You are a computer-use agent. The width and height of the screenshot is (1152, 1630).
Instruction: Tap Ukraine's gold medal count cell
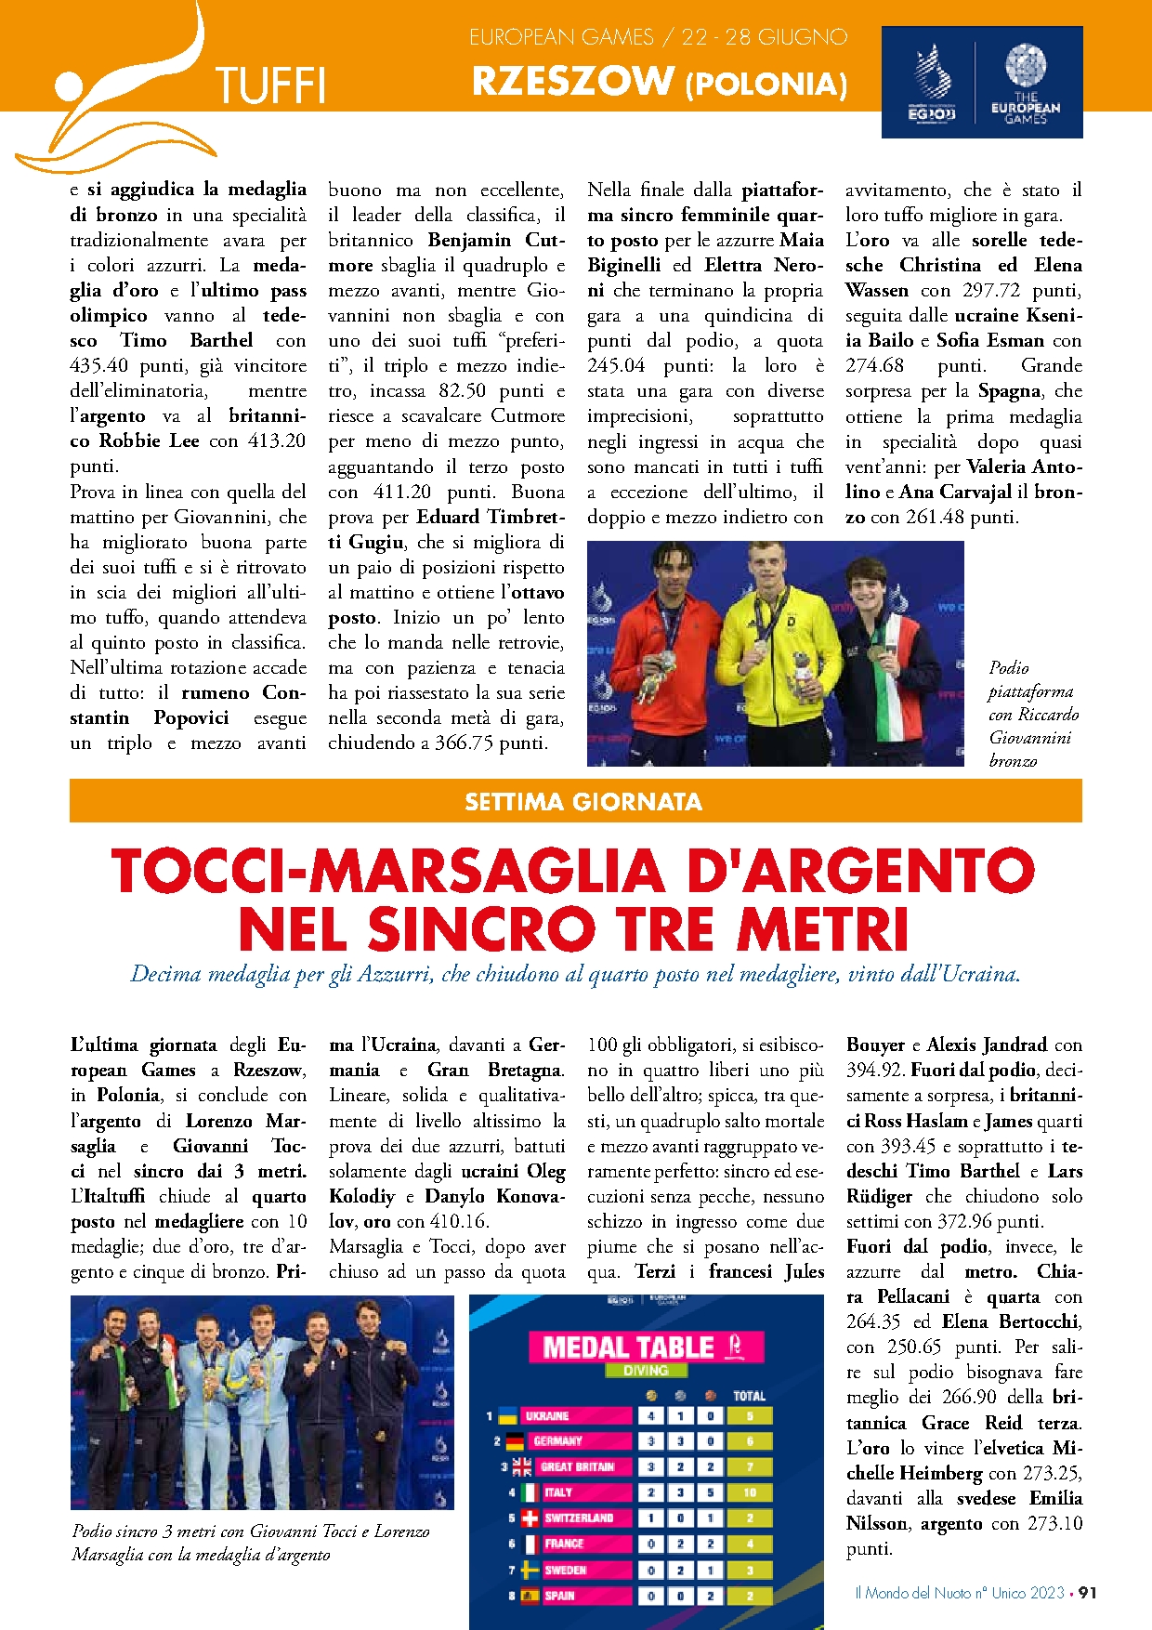[x=651, y=1416]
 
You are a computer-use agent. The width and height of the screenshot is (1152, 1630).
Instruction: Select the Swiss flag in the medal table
[x=529, y=1518]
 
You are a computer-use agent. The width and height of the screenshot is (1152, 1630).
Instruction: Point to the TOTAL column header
[x=749, y=1396]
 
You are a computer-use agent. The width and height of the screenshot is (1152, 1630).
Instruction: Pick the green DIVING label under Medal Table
[x=646, y=1371]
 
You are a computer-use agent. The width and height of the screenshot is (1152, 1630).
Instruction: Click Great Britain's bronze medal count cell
[x=710, y=1467]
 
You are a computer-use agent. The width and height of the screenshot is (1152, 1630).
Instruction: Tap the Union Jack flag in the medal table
[x=522, y=1467]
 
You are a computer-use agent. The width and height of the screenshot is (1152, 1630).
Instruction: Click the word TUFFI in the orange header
[x=270, y=86]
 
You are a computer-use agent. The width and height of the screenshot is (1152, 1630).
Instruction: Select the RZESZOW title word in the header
[x=572, y=82]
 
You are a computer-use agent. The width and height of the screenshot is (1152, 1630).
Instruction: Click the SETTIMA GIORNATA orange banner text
[x=583, y=802]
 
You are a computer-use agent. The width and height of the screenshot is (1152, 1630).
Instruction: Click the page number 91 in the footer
[x=1087, y=1593]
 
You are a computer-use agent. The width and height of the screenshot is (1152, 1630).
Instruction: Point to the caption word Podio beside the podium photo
[x=1009, y=668]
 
